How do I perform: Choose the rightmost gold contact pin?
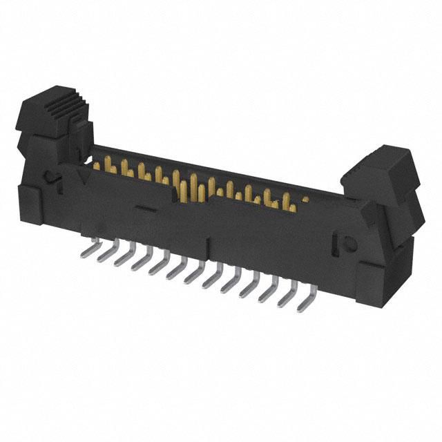click(x=302, y=202)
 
